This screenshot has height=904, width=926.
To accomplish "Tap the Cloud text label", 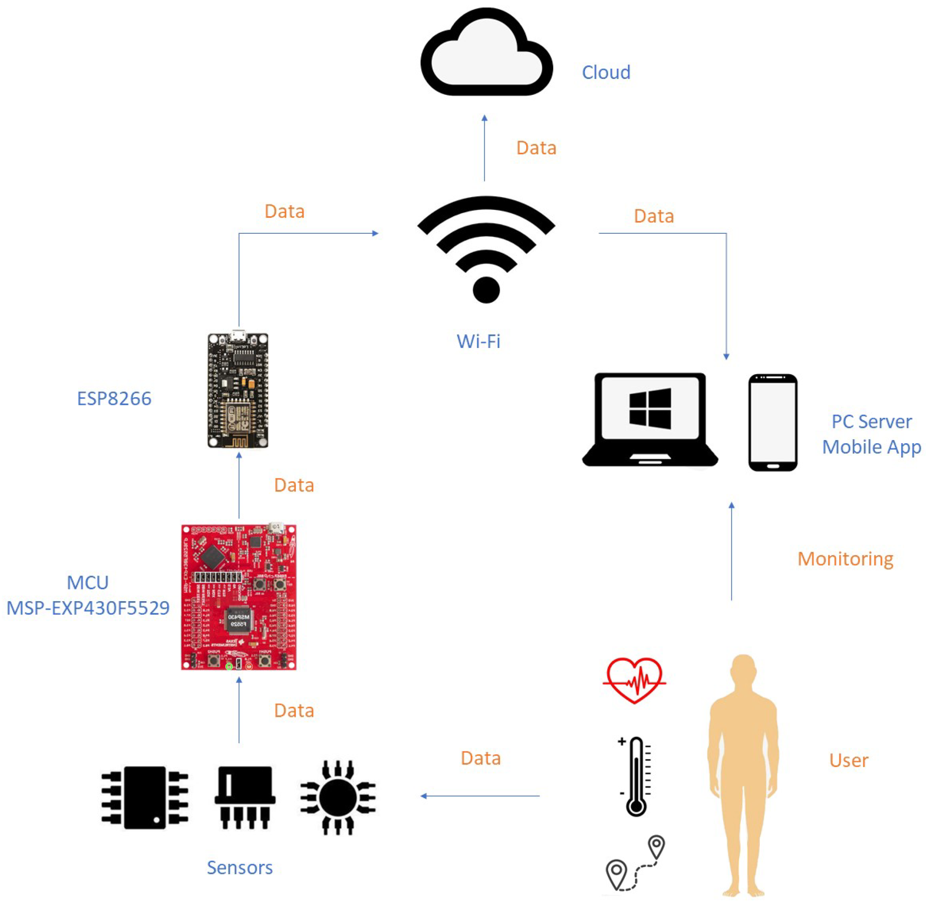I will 606,73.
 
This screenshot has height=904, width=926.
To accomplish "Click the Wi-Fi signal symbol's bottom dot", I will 486,289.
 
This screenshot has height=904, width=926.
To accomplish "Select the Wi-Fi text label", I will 478,341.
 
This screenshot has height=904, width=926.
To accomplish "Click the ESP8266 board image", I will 238,390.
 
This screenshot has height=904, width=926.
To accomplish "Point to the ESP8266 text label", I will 114,399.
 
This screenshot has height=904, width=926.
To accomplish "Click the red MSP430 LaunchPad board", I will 239,597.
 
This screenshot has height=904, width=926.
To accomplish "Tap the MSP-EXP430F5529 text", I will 88,608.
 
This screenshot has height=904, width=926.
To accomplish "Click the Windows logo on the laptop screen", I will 650,409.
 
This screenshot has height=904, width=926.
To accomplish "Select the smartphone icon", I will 772,422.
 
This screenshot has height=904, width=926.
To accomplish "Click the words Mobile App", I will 871,447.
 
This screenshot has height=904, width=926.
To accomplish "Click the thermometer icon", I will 635,776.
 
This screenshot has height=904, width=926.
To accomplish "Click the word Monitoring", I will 845,559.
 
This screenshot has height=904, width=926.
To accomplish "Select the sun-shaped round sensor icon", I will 338,798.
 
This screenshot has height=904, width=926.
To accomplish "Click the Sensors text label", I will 239,868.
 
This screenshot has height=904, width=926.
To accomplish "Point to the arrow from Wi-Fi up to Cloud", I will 484,148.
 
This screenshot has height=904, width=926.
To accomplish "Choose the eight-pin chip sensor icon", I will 145,797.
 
